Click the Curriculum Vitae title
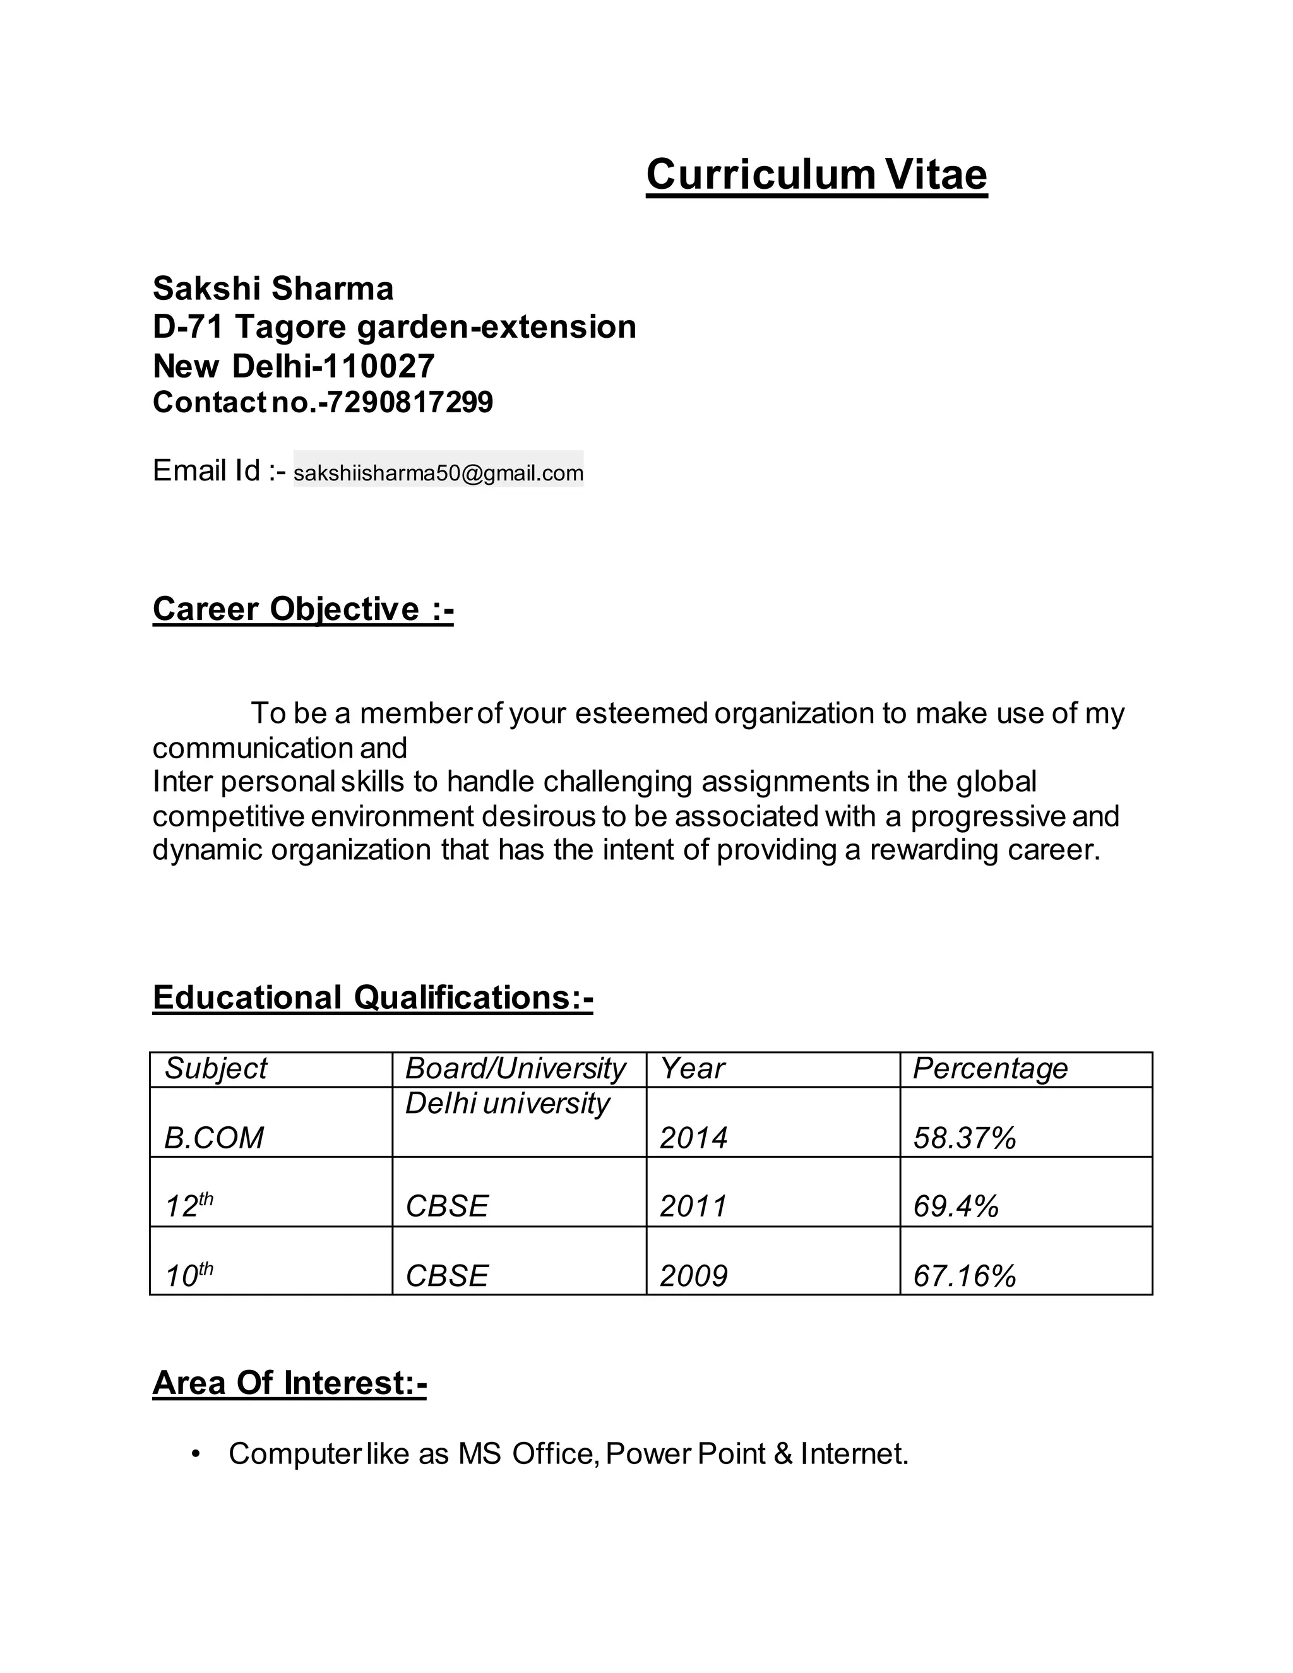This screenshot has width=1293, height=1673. (816, 175)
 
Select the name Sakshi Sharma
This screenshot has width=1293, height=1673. (273, 289)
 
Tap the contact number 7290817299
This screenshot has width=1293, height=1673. (406, 402)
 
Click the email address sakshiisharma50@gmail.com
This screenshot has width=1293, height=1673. (438, 473)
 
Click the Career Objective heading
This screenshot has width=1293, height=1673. (302, 609)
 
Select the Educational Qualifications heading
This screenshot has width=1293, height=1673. (372, 997)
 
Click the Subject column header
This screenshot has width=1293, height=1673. (215, 1068)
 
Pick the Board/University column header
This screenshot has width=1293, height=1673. (515, 1068)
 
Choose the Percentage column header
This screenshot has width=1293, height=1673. (990, 1068)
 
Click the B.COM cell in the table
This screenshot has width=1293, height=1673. (214, 1138)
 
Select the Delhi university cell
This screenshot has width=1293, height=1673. (507, 1103)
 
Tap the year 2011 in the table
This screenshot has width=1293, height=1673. (693, 1206)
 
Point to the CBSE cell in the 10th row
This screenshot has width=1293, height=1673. (446, 1275)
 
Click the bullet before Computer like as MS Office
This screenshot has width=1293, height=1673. (196, 1453)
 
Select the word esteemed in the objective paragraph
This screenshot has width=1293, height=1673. (641, 713)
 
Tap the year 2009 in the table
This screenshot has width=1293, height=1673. (693, 1275)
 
